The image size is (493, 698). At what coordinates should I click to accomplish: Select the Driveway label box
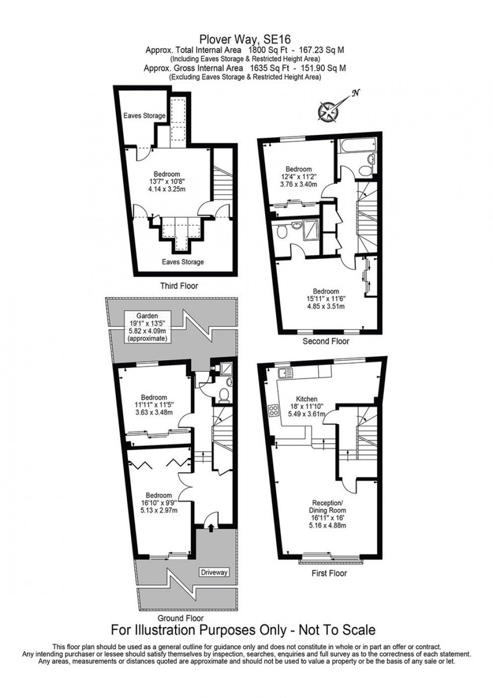coord(214,572)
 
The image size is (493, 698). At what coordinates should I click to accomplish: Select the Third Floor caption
coord(179,286)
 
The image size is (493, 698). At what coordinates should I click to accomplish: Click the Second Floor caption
coord(326,341)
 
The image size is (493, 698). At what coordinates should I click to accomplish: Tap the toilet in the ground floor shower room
coord(224,396)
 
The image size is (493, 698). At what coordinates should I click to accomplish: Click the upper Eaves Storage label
coord(144,116)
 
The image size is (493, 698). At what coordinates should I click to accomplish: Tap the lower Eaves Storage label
coord(183,262)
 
